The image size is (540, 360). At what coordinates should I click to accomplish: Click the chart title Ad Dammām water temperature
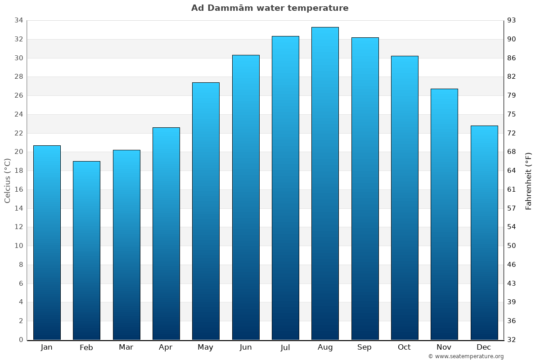tap(270, 8)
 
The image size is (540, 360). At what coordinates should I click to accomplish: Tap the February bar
tap(86, 251)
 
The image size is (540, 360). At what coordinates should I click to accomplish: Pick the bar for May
tap(206, 211)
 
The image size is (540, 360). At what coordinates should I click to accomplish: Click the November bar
tap(444, 214)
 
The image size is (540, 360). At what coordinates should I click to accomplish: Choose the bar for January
tap(47, 243)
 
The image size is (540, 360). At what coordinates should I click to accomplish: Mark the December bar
tap(484, 233)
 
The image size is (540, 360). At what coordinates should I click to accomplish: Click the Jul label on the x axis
tap(285, 347)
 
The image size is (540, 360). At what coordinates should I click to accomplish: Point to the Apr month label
tap(166, 347)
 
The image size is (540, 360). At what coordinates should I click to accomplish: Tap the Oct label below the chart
tap(404, 347)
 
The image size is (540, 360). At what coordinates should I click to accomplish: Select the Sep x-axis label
tap(364, 347)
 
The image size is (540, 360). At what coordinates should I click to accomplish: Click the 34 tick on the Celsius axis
tap(19, 20)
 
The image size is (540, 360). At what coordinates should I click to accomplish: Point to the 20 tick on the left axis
tap(19, 152)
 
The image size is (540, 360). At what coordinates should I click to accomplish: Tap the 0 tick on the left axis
tap(21, 340)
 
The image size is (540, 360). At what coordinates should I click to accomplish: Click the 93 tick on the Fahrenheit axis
tap(512, 20)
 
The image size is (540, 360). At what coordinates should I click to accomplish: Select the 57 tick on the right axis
tap(512, 208)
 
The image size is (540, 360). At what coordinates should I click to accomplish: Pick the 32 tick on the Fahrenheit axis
tap(512, 340)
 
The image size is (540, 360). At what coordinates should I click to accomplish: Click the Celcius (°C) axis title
tap(7, 180)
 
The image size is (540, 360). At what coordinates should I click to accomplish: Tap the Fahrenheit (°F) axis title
tap(529, 180)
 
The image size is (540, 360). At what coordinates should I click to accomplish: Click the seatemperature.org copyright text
tap(466, 356)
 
